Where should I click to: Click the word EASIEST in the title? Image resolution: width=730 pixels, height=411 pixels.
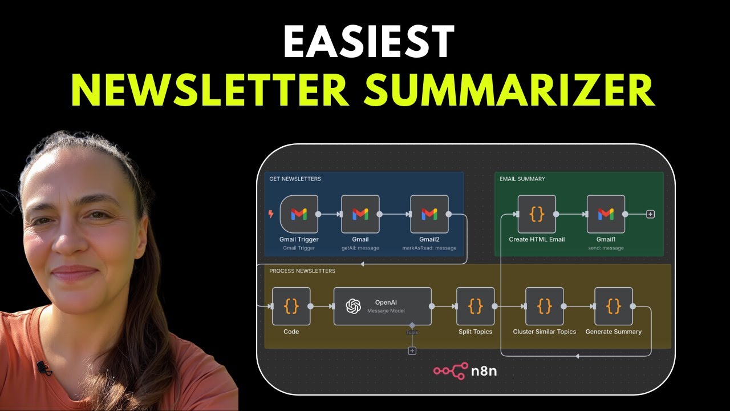[368, 42]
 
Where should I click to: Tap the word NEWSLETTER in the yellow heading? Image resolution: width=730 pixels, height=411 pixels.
[210, 90]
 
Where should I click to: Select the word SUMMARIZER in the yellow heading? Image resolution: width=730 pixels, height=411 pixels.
[509, 90]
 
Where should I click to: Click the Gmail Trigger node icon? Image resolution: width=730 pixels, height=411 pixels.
[299, 214]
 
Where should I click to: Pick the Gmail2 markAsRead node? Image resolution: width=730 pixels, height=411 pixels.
[429, 214]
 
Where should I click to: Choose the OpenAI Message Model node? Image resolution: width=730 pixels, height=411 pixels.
[383, 306]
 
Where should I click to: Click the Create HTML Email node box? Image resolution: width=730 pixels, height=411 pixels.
[537, 214]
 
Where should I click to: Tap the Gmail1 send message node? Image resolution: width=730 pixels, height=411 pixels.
[606, 214]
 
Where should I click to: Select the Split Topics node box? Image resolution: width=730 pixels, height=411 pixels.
[475, 306]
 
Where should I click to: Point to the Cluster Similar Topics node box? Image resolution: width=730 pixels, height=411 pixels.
[544, 306]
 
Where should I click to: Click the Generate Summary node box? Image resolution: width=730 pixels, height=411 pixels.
[613, 306]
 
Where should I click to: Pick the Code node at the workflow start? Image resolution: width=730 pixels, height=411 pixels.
[291, 306]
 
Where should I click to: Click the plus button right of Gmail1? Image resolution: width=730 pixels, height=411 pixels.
[651, 214]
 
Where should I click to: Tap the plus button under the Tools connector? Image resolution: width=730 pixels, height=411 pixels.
[412, 350]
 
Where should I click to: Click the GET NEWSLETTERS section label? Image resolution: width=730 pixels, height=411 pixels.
[295, 179]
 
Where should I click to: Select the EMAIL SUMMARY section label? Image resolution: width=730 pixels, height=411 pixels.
[522, 179]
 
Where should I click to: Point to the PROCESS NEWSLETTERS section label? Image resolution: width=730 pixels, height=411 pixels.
[302, 271]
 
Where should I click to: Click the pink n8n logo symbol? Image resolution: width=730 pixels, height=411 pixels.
[451, 371]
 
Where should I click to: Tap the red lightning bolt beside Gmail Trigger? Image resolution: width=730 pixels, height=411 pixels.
[271, 214]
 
